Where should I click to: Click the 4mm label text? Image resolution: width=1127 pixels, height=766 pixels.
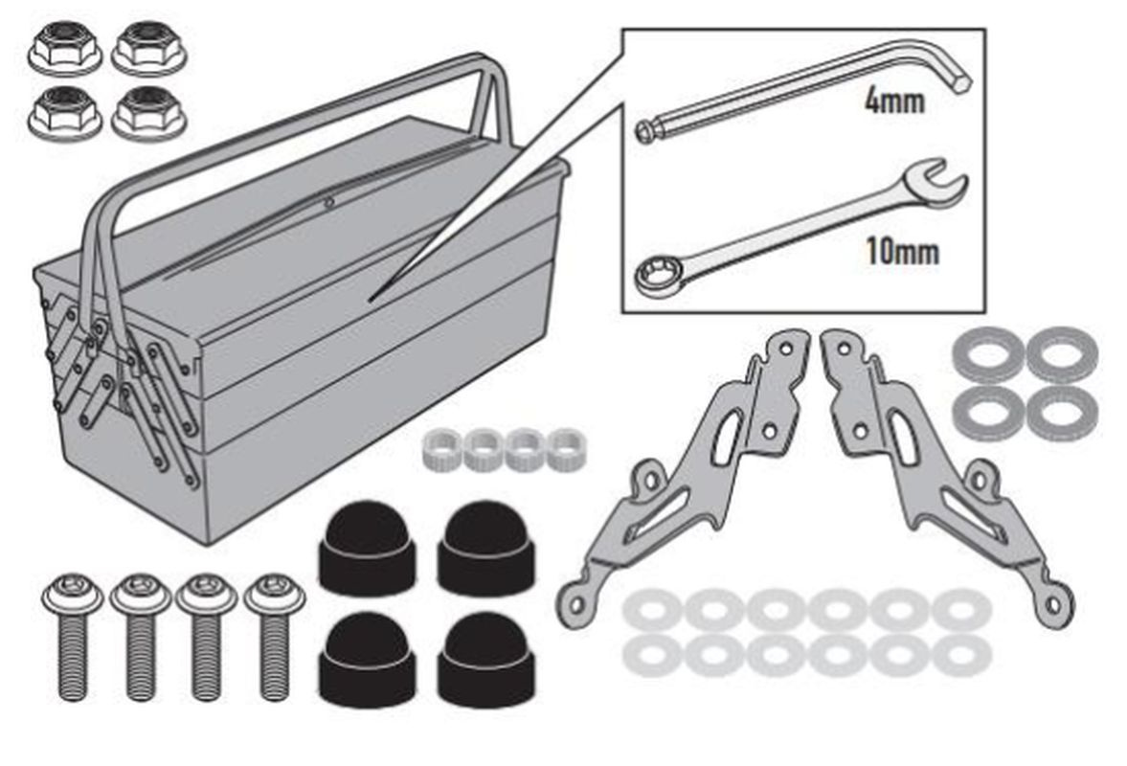894,101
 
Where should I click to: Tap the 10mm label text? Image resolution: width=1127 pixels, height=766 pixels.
902,252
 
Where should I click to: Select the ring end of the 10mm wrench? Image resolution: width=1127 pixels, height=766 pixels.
658,273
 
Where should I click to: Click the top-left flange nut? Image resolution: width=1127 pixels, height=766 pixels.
65,47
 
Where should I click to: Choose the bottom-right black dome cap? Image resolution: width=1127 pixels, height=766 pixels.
485,659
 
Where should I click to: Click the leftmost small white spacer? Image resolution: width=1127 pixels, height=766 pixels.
442,449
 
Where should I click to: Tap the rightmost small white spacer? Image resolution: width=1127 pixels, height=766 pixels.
567,449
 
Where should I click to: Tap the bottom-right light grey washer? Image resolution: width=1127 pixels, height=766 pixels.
961,655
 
